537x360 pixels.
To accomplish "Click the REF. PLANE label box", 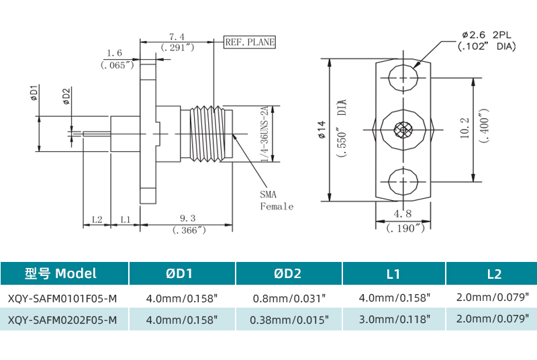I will tap(250, 42).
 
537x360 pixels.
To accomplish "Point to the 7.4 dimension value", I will tap(177, 36).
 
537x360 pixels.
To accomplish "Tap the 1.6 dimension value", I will tap(115, 52).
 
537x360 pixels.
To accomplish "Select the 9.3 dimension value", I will tap(188, 218).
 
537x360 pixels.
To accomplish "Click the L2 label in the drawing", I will tap(97, 219).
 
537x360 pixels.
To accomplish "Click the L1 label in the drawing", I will tap(126, 219).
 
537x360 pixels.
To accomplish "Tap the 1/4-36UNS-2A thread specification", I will tap(264, 134).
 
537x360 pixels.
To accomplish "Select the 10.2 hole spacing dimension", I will tap(465, 128).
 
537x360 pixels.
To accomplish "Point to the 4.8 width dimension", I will tap(403, 214).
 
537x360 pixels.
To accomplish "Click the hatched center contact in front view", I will tap(403, 129).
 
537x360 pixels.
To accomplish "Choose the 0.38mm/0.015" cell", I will tap(289, 320).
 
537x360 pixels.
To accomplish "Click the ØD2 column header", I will tap(288, 273).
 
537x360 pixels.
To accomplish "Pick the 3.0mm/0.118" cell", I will tap(394, 320).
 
